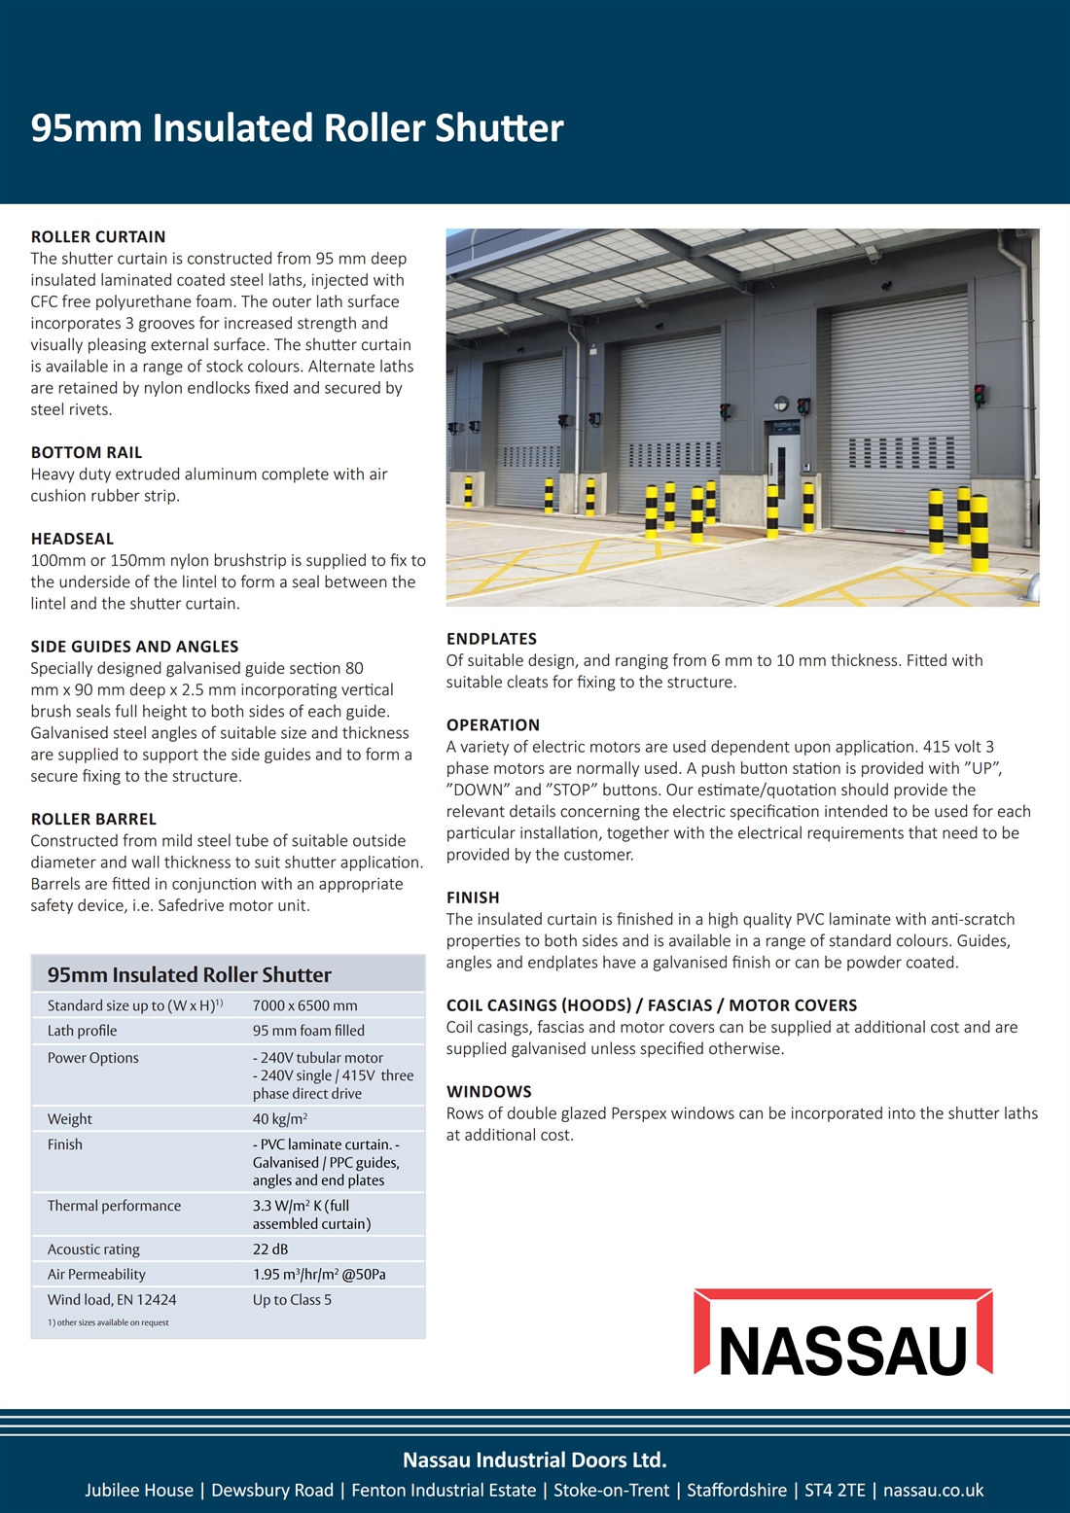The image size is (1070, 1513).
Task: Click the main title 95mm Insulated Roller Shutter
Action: click(x=297, y=128)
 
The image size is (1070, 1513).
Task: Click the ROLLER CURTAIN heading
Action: click(x=98, y=236)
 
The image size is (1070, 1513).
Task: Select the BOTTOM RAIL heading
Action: click(x=87, y=452)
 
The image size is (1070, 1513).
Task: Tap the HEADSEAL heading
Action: click(x=72, y=539)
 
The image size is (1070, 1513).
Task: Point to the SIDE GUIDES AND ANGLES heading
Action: click(x=134, y=647)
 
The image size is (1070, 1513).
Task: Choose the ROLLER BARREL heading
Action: click(x=93, y=819)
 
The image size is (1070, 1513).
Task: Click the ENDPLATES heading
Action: click(x=491, y=639)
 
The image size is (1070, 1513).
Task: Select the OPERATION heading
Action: click(x=493, y=725)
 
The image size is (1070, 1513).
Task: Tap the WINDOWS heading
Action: click(x=489, y=1092)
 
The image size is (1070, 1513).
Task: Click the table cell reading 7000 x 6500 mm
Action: click(x=304, y=1005)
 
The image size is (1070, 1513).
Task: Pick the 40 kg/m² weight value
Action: click(x=280, y=1119)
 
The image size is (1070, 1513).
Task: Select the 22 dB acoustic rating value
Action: click(x=270, y=1249)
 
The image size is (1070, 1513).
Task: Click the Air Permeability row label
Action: click(x=96, y=1275)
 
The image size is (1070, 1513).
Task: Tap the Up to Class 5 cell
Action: click(x=292, y=1300)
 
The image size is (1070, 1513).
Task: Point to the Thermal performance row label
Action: click(x=114, y=1206)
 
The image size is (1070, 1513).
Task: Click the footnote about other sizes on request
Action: click(x=108, y=1322)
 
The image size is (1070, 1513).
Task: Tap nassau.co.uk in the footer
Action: click(x=933, y=1491)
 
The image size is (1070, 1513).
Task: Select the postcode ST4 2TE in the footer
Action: click(x=834, y=1491)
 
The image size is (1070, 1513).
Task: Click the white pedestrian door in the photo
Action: click(x=783, y=464)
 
